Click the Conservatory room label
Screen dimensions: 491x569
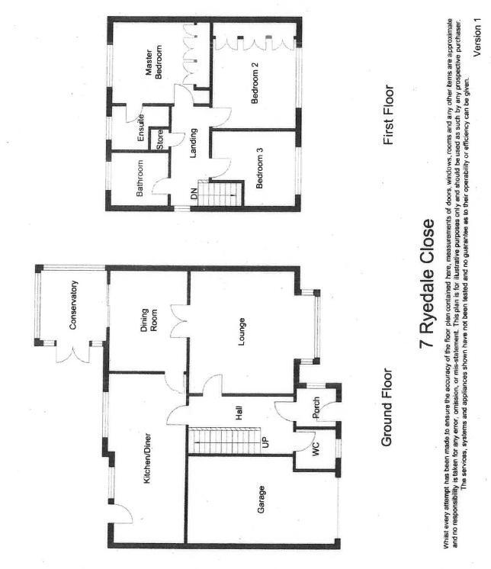(73, 305)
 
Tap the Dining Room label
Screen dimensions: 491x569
(149, 320)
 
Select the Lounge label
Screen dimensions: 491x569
(241, 331)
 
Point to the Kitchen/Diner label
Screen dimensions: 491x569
(147, 458)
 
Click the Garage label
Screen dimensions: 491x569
(261, 500)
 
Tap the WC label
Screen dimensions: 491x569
(316, 449)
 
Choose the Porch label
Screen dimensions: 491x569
(316, 408)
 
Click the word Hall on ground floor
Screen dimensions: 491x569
(238, 413)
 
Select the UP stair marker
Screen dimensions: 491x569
(265, 442)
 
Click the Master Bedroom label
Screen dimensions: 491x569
(153, 62)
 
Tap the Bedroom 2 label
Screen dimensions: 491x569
(255, 83)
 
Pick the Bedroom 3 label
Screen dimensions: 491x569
(259, 168)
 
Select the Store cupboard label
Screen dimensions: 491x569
(160, 140)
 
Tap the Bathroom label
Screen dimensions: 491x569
(140, 178)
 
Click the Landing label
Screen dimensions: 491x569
(193, 143)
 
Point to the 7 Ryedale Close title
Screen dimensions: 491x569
(426, 284)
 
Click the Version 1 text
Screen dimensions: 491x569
(477, 37)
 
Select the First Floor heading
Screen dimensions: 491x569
(387, 115)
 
